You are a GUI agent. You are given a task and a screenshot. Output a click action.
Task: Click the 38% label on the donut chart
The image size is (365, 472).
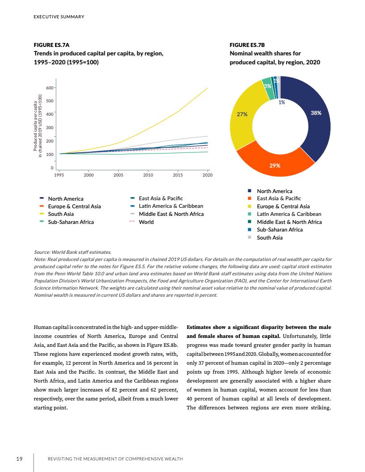pyautogui.click(x=316, y=113)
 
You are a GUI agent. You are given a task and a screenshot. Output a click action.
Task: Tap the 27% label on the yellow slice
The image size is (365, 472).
pyautogui.click(x=242, y=114)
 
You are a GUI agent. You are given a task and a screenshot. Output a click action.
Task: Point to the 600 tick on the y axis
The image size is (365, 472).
pyautogui.click(x=49, y=88)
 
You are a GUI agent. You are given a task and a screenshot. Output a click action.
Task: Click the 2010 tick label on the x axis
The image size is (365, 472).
pyautogui.click(x=148, y=175)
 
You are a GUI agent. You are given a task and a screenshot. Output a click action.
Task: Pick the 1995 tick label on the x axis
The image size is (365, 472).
pyautogui.click(x=59, y=175)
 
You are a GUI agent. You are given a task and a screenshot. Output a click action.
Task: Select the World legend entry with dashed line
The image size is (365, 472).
pyautogui.click(x=146, y=222)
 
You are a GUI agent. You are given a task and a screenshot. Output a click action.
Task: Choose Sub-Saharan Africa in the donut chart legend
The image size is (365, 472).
pyautogui.click(x=280, y=230)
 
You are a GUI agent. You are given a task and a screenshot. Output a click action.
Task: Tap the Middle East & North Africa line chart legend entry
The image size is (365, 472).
pyautogui.click(x=171, y=214)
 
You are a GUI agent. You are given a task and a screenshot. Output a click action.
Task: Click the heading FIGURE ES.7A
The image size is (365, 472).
pyautogui.click(x=51, y=46)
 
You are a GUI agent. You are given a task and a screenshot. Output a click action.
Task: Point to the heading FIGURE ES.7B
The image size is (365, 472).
pyautogui.click(x=247, y=46)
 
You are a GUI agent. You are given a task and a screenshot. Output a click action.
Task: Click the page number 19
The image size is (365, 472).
pyautogui.click(x=20, y=459)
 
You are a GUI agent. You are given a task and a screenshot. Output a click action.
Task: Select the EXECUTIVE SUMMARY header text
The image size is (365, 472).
pyautogui.click(x=59, y=17)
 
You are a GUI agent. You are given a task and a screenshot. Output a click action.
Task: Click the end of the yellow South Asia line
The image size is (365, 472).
pyautogui.click(x=208, y=88)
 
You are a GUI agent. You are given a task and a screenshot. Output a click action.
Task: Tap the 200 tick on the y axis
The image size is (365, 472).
pyautogui.click(x=49, y=141)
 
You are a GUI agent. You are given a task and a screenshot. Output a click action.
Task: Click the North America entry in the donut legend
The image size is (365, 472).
pyautogui.click(x=274, y=191)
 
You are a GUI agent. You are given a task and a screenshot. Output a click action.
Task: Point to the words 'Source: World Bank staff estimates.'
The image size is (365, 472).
pyautogui.click(x=72, y=252)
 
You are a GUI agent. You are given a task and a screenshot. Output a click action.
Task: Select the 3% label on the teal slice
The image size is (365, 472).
pyautogui.click(x=267, y=86)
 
